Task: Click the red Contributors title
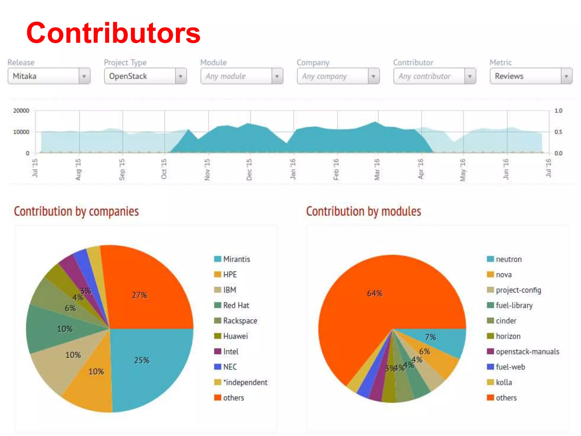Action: [x=113, y=33]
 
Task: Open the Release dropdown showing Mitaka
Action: [x=49, y=76]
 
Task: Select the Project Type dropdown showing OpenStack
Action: [x=145, y=76]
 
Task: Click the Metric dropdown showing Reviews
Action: [x=531, y=76]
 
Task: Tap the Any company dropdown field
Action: [x=338, y=76]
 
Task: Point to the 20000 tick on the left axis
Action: [x=21, y=111]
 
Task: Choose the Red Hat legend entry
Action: [x=236, y=305]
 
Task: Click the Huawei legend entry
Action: [x=235, y=336]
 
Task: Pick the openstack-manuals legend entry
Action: [x=527, y=352]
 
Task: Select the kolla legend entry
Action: [x=504, y=382]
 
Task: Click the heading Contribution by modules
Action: [x=363, y=211]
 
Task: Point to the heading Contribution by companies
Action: [x=76, y=211]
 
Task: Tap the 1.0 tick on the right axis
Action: [x=558, y=111]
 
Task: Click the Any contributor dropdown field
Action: [x=435, y=76]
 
